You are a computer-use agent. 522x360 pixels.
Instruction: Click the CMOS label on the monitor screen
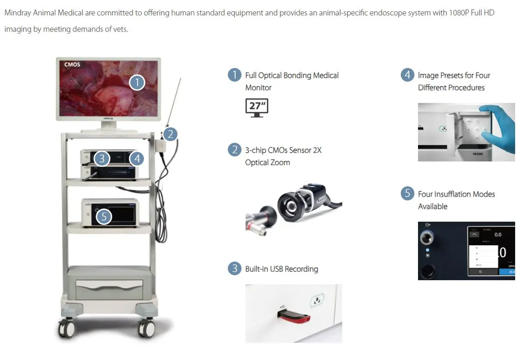72,65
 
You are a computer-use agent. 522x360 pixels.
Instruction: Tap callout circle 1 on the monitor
137,82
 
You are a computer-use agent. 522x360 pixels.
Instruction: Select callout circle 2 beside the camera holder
170,133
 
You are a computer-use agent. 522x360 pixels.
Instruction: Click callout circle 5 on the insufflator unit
104,216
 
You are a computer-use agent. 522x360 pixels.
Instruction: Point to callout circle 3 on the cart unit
102,158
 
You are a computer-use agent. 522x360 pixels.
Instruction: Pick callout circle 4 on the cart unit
138,158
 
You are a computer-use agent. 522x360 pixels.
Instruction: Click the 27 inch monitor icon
256,107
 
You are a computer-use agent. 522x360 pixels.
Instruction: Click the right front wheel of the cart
146,327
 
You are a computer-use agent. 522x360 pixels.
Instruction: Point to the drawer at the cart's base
109,290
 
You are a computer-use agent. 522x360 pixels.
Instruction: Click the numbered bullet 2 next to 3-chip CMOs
234,150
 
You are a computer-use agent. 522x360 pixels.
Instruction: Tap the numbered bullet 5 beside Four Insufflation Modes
407,194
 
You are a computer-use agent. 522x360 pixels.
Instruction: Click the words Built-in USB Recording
281,269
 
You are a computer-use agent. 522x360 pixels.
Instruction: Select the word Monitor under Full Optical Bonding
258,88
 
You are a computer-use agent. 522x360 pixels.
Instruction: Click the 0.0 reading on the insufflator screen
498,234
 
